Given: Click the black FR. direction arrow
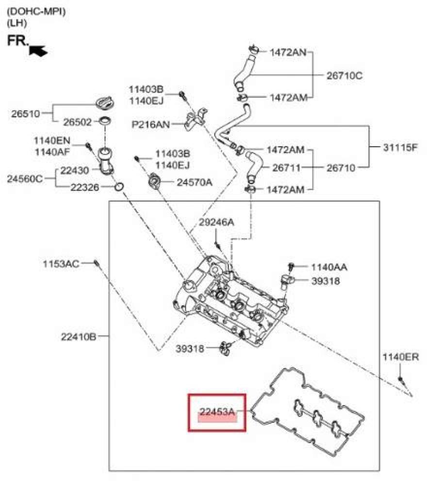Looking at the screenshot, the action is coord(38,50).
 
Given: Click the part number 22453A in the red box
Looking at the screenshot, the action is coord(217,411).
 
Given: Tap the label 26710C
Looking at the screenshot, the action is coord(344,76).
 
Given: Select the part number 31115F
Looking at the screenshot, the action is coord(400,147).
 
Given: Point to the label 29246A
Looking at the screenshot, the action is coord(216,222).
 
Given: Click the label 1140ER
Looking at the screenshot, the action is coord(401,357).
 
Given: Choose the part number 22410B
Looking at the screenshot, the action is coord(79,337).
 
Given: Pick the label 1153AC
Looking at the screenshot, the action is coord(61,264).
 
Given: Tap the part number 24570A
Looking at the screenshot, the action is coord(195,182).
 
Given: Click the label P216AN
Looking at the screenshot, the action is coord(151,124).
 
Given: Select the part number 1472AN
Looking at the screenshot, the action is coord(288,52).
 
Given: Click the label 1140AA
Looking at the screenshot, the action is coord(329,267).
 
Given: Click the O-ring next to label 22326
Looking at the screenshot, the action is coord(119,187).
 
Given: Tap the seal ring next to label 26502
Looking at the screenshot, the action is coord(105,121).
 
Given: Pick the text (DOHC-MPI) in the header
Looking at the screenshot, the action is coord(36,12).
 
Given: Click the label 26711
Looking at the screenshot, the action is coord(286,168).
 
